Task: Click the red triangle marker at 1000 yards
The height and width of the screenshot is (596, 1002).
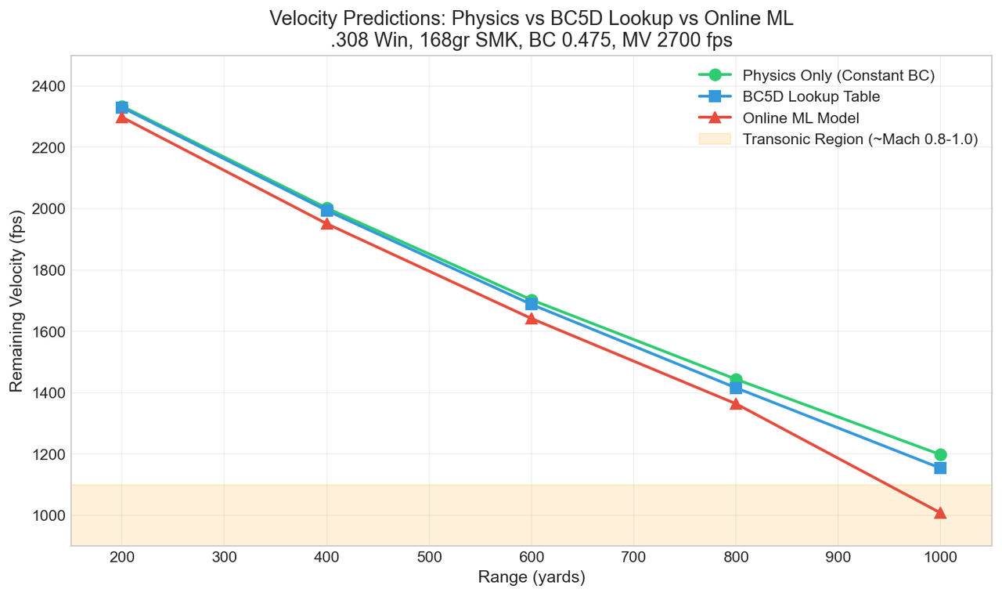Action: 940,513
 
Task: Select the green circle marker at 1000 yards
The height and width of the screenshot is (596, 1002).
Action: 940,454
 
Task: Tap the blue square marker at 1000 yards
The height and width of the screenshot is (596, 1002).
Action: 940,468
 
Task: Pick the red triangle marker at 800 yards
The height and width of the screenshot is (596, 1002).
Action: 736,404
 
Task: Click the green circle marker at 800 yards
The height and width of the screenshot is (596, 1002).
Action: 736,380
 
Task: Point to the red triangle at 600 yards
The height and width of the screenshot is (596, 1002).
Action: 532,318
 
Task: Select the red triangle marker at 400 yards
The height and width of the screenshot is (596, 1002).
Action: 327,223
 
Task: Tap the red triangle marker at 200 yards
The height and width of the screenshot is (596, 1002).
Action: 122,117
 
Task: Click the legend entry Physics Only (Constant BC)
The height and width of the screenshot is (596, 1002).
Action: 838,76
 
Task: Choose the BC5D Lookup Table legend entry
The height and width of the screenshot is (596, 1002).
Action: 811,97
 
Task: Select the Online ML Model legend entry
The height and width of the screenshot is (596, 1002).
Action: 801,118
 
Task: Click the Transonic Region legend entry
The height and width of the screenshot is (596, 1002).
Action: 860,139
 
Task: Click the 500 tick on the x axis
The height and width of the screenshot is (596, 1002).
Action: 429,558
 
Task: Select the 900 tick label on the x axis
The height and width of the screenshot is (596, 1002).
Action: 838,558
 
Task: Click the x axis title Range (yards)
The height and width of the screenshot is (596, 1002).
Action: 532,578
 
